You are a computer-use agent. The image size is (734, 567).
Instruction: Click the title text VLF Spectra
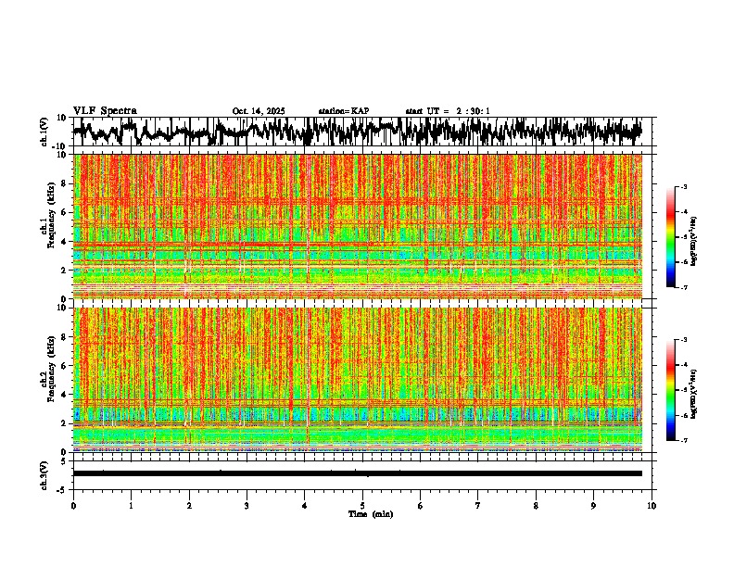pyautogui.click(x=105, y=110)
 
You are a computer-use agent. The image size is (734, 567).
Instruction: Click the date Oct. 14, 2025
pyautogui.click(x=259, y=111)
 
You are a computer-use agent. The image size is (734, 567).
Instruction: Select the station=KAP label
pyautogui.click(x=343, y=111)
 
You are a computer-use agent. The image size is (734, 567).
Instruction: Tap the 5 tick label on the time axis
pyautogui.click(x=362, y=506)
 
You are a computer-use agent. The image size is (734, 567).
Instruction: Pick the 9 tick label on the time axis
pyautogui.click(x=594, y=506)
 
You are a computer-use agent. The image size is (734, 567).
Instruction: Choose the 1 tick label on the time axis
pyautogui.click(x=131, y=506)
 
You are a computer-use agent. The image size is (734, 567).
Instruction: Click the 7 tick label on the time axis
pyautogui.click(x=478, y=506)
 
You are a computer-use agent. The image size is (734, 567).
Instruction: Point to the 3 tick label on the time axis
pyautogui.click(x=247, y=506)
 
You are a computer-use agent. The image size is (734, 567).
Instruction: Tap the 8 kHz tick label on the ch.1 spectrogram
pyautogui.click(x=63, y=183)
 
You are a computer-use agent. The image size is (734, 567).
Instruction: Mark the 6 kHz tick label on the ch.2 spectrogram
pyautogui.click(x=63, y=365)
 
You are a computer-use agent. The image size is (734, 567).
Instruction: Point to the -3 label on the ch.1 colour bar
pyautogui.click(x=692, y=187)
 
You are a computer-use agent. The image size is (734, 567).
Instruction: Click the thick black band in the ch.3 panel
pyautogui.click(x=357, y=473)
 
